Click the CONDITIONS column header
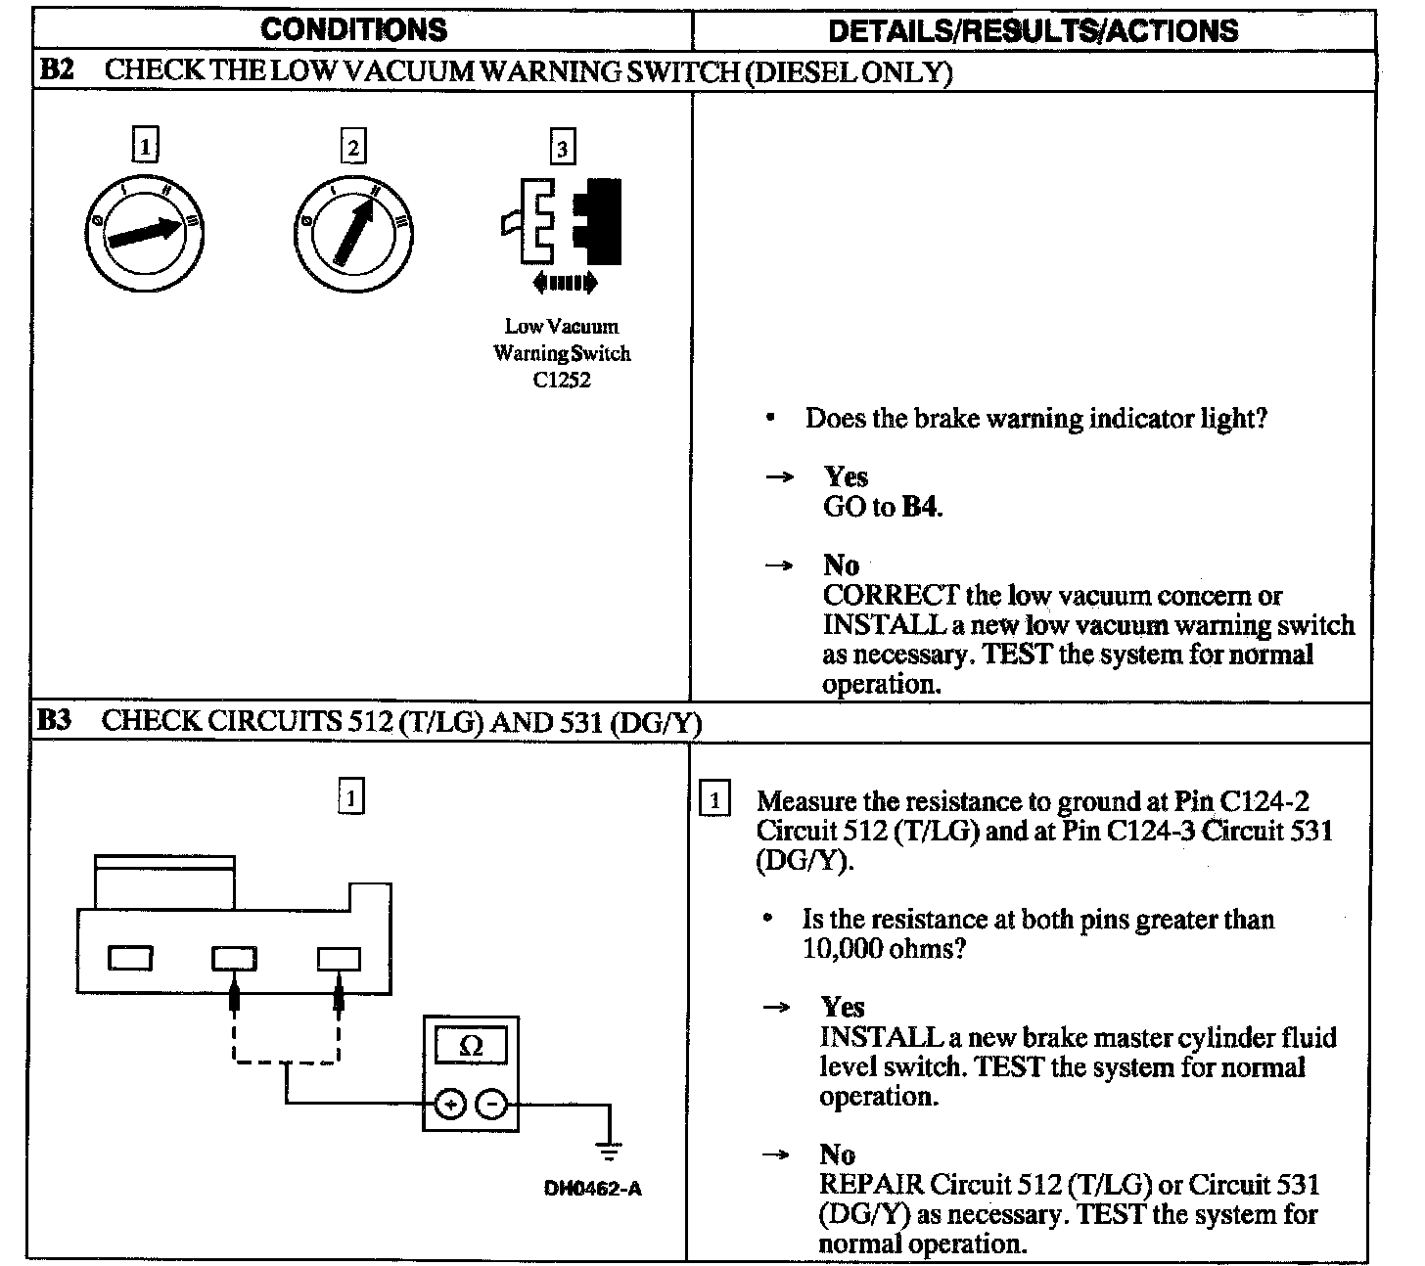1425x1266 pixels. pyautogui.click(x=353, y=29)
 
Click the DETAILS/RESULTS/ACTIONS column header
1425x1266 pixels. pyautogui.click(x=1033, y=30)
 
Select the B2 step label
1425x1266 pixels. pyautogui.click(x=55, y=70)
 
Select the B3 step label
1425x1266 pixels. pyautogui.click(x=55, y=721)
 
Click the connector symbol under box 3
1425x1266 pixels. pyautogui.click(x=561, y=221)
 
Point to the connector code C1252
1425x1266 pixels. pyautogui.click(x=562, y=381)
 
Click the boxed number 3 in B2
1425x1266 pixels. pyautogui.click(x=561, y=148)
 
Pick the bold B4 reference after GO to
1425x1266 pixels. pyautogui.click(x=919, y=507)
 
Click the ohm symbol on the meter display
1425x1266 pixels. pyautogui.click(x=471, y=1047)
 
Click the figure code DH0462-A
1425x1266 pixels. pyautogui.click(x=592, y=1190)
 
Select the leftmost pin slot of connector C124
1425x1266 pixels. pyautogui.click(x=129, y=958)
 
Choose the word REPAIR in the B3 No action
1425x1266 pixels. pyautogui.click(x=871, y=1184)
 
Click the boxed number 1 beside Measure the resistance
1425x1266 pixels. pyautogui.click(x=715, y=801)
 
